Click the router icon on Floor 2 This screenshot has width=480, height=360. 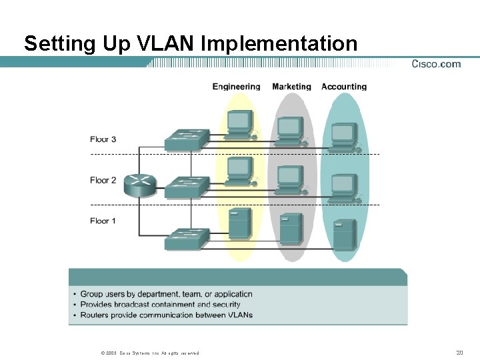[142, 185]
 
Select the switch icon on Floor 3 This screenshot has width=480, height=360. [187, 139]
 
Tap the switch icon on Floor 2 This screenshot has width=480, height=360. [187, 187]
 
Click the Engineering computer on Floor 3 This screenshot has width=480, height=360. [239, 125]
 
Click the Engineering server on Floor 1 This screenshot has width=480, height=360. [239, 223]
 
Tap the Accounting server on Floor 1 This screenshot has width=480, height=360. [344, 234]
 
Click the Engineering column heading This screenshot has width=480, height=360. [236, 87]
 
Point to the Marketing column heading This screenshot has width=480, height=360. [291, 87]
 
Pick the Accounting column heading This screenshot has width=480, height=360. [344, 87]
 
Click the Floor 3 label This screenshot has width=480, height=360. [103, 139]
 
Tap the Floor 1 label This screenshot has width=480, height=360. [103, 221]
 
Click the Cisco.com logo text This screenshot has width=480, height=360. [436, 64]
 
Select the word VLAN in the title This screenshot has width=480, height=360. [165, 44]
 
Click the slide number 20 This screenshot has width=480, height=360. [459, 352]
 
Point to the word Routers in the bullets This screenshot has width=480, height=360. [97, 315]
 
